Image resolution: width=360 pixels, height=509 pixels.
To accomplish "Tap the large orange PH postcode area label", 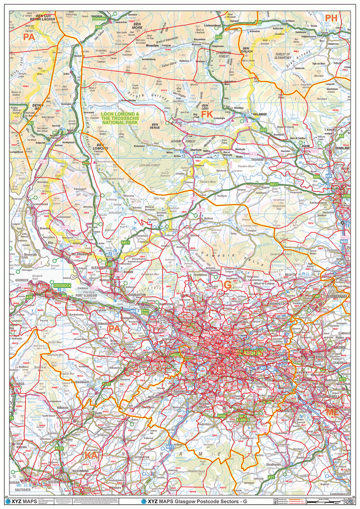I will coord(332,18).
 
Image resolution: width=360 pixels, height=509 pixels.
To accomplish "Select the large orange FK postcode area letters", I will coord(207,115).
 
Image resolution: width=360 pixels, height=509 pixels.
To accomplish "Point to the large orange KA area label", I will coord(91,455).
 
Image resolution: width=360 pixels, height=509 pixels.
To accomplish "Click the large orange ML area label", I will coord(331,413).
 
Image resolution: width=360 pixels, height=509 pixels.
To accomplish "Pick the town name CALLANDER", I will coord(259,114).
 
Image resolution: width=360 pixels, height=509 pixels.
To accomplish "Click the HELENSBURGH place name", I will coord(75,254).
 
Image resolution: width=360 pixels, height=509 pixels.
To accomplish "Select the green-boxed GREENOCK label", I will coord(63,286).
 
